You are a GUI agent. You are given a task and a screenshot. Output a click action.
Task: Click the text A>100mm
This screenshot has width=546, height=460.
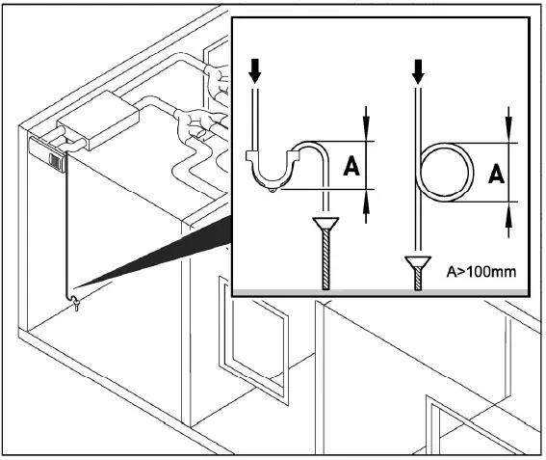click(482, 272)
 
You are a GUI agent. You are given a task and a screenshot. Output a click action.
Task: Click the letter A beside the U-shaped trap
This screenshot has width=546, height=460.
click(351, 167)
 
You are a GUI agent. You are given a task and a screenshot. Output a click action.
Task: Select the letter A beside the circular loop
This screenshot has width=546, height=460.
click(496, 174)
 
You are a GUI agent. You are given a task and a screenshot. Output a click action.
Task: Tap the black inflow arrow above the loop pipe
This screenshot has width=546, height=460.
click(417, 68)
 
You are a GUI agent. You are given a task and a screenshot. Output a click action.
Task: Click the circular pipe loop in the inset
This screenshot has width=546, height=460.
click(446, 174)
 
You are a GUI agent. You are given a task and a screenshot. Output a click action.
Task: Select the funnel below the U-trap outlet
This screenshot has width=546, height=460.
click(326, 230)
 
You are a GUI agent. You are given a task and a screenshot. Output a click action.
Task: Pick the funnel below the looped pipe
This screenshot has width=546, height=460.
click(417, 262)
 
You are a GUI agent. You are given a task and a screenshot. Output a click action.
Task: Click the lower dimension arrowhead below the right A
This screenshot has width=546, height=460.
click(509, 221)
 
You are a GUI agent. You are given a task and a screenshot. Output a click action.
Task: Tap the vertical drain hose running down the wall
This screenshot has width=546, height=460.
click(65, 231)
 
